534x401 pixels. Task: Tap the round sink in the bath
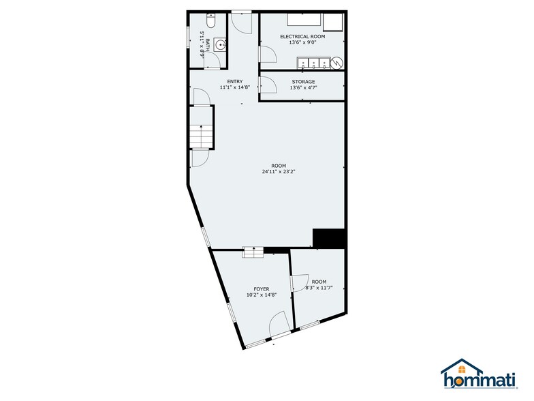(x=219, y=46)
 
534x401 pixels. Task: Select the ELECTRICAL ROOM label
(x=303, y=36)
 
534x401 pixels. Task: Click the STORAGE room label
(x=303, y=82)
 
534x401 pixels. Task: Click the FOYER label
(x=262, y=289)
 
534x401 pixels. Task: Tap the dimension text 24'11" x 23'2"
(x=279, y=173)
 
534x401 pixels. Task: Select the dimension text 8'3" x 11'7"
(x=319, y=288)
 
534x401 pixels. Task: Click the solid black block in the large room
(x=330, y=238)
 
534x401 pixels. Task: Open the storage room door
(x=266, y=85)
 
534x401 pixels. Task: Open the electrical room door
(x=268, y=55)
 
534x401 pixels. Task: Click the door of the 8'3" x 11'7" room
(x=298, y=282)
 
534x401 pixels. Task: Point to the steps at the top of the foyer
(x=253, y=252)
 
